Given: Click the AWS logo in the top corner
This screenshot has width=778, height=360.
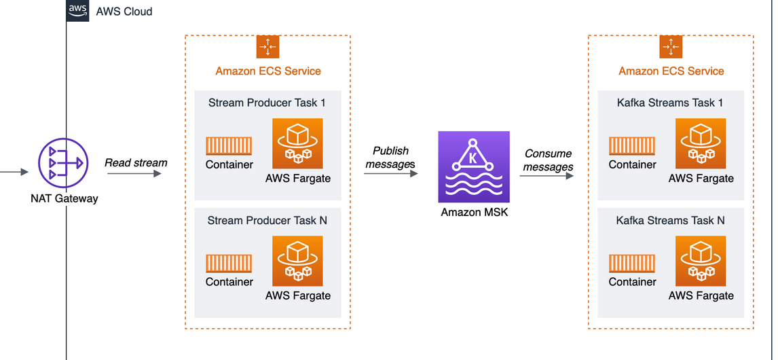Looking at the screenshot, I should tap(77, 10).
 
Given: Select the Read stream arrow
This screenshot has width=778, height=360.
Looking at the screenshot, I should tap(134, 174).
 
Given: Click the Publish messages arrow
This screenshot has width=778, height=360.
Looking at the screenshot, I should tap(390, 174).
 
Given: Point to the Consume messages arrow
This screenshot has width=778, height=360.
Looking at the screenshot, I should tap(547, 177).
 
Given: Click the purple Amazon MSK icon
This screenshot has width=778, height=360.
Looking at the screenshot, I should tap(473, 166).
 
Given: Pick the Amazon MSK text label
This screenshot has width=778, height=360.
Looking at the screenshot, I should tap(473, 212).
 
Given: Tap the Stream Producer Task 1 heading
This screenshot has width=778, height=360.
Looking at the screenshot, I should tap(267, 103).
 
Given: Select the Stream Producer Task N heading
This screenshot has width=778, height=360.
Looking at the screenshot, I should tap(267, 221).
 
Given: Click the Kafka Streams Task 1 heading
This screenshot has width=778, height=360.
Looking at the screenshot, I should tap(670, 103).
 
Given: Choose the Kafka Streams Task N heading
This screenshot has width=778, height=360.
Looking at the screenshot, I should tap(670, 221).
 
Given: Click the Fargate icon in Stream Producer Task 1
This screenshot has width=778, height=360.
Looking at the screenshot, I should tap(297, 143).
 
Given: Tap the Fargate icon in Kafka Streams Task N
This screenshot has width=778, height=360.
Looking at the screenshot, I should tap(701, 261).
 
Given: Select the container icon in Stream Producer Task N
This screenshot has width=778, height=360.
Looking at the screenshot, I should tap(229, 264).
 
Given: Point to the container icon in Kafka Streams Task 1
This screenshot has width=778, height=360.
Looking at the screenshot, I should tap(632, 146).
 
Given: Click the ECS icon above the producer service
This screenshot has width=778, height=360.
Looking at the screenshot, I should tap(267, 47).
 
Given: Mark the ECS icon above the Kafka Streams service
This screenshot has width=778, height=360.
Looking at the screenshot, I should tap(671, 47).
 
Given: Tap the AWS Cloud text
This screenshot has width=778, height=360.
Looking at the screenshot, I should tap(124, 12).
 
